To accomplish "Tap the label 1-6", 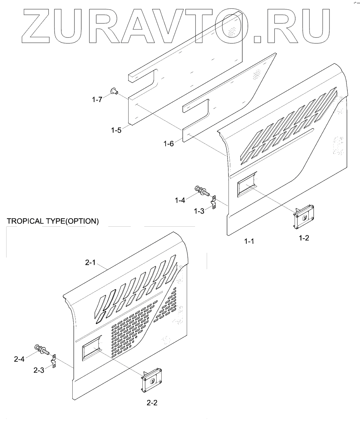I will point(169,144).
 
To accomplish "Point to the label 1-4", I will point(180,199).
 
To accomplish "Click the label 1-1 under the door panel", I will point(249,241).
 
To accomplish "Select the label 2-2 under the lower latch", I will point(152,402).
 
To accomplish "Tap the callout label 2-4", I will point(19,360).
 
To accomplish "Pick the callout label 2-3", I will point(39,371).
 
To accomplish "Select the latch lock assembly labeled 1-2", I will point(304,217).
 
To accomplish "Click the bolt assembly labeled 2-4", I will point(41,349).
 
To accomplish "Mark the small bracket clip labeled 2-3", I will point(54,361).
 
